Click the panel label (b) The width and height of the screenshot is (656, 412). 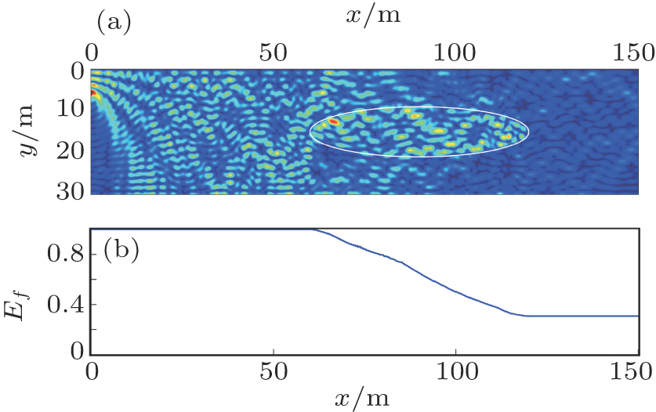pyautogui.click(x=120, y=253)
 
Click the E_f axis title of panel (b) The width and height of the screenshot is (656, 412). pyautogui.click(x=30, y=292)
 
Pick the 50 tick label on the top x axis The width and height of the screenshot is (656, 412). pyautogui.click(x=274, y=52)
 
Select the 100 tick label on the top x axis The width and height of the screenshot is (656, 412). pyautogui.click(x=456, y=52)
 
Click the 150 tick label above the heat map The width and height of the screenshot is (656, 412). pyautogui.click(x=636, y=52)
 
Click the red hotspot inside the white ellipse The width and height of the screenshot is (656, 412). pyautogui.click(x=334, y=122)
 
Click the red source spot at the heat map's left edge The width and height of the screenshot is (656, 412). pyautogui.click(x=93, y=93)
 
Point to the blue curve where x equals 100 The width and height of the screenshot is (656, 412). pyautogui.click(x=456, y=291)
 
